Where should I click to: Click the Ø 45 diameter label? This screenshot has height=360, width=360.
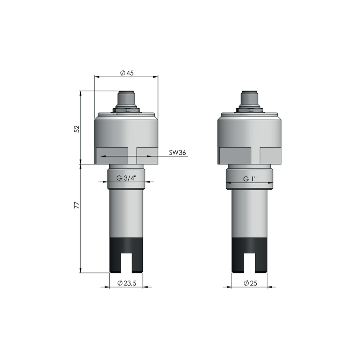[x=127, y=73]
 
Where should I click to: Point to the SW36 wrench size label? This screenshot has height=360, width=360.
[x=177, y=153]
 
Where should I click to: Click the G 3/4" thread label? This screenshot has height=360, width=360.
[x=126, y=178]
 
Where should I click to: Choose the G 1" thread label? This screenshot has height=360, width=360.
[x=250, y=179]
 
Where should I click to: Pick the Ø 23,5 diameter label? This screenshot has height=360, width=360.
[x=127, y=283]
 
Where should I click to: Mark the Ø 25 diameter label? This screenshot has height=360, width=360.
[x=250, y=283]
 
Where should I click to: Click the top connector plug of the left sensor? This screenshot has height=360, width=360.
[x=126, y=98]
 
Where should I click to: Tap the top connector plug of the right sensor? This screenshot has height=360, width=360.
[x=250, y=98]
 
